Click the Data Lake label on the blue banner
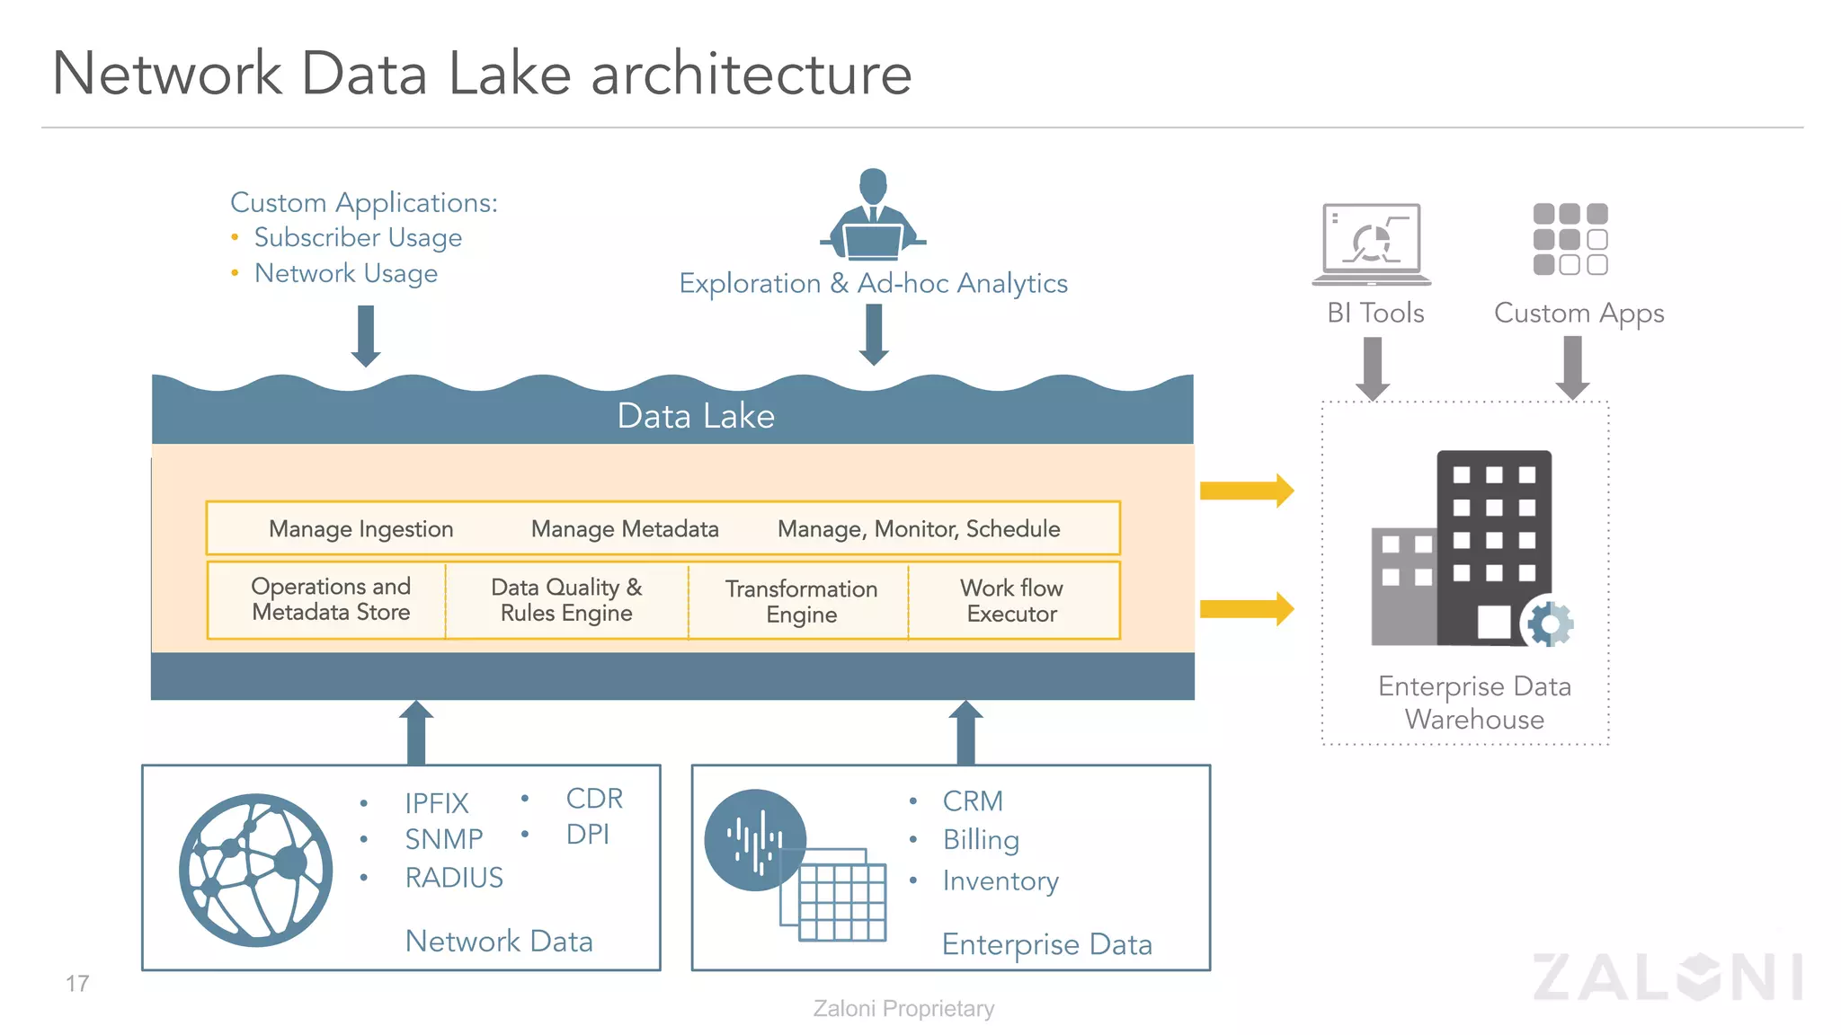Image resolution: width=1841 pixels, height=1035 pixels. click(695, 416)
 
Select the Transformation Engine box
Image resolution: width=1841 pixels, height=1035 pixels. click(800, 601)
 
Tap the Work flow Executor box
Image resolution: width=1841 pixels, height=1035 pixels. click(1012, 601)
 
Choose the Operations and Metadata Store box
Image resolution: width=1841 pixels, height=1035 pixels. click(330, 599)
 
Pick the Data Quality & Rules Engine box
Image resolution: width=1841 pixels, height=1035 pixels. click(566, 600)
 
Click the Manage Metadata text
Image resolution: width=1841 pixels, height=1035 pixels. click(624, 528)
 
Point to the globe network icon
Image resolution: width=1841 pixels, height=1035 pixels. click(255, 869)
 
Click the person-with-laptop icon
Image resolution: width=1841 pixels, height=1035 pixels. click(873, 216)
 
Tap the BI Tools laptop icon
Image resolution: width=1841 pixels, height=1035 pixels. click(1372, 243)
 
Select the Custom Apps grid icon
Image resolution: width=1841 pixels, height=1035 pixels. click(1570, 239)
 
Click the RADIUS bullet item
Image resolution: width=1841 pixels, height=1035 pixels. click(453, 877)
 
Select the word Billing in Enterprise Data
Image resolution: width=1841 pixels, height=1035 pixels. click(980, 839)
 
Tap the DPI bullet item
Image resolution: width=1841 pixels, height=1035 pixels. click(587, 834)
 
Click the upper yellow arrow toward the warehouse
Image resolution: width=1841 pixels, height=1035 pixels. click(1247, 491)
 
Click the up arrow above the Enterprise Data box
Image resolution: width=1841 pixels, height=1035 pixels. click(965, 732)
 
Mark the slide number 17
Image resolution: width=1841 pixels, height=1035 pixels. click(77, 983)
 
